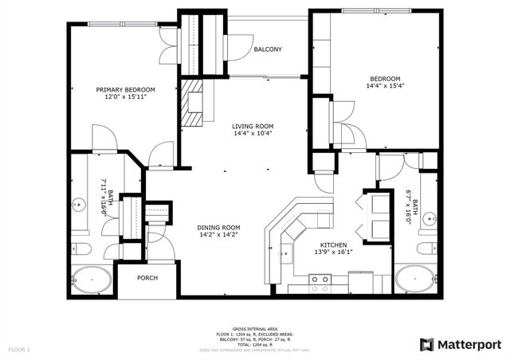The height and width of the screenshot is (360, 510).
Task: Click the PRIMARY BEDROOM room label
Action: pyautogui.click(x=125, y=90)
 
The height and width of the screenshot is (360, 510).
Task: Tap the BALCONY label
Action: pyautogui.click(x=268, y=49)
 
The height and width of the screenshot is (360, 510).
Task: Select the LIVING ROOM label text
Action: pyautogui.click(x=253, y=126)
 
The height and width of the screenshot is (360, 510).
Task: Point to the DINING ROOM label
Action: pyautogui.click(x=218, y=227)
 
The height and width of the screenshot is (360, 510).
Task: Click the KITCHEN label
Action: pyautogui.click(x=334, y=245)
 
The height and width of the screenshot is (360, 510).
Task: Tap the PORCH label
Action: pyautogui.click(x=147, y=278)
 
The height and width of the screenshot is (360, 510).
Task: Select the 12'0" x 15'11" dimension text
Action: pyautogui.click(x=125, y=98)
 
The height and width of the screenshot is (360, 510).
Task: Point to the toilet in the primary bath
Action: pyautogui.click(x=80, y=249)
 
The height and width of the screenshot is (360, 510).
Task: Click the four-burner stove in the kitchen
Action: pyautogui.click(x=320, y=280)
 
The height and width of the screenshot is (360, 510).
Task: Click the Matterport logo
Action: pyautogui.click(x=461, y=344)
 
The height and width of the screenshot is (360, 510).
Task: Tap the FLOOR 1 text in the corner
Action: pyautogui.click(x=19, y=350)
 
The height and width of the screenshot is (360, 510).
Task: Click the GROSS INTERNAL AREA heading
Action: pyautogui.click(x=254, y=328)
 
